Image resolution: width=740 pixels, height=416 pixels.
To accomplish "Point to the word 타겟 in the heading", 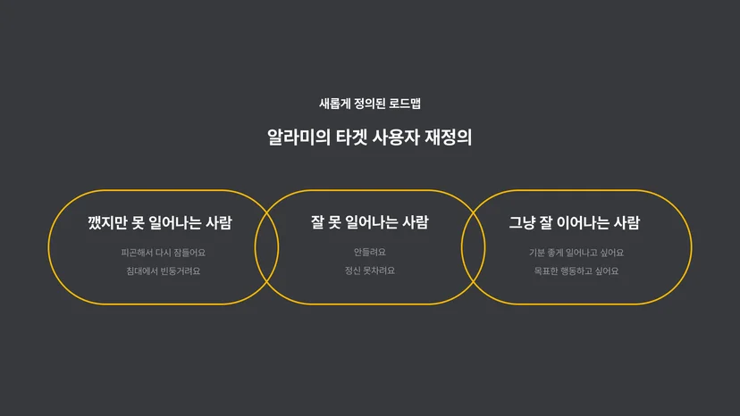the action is point(351,137).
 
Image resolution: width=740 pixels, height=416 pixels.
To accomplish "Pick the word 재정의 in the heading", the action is point(449,137).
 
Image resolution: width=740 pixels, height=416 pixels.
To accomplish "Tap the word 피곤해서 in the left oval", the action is point(137,253).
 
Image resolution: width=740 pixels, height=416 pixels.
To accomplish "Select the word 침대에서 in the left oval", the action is point(142,271).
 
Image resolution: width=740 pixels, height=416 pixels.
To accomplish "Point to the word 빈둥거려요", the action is point(181,271).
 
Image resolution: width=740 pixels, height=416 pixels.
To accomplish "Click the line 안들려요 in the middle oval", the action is point(370,253).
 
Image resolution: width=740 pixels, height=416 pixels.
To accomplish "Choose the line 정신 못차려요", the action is point(370,270).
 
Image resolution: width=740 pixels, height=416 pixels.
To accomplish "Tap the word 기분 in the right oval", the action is point(536,253).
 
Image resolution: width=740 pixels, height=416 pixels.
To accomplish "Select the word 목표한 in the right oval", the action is point(546,271).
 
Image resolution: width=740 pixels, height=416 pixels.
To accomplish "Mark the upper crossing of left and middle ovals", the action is point(267,212).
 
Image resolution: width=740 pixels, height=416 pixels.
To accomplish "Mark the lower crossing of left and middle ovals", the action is point(267,281).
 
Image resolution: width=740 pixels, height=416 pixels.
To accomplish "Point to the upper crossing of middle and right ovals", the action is point(474,212).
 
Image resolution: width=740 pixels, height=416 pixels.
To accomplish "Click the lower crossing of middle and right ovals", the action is point(474,281).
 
